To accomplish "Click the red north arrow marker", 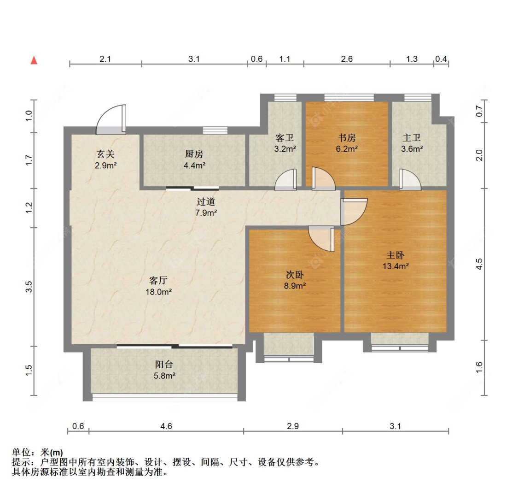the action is (34, 60).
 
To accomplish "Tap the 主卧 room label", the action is (396, 255).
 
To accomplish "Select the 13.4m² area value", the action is (396, 266).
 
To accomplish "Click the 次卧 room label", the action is (295, 274).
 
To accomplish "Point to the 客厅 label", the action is (158, 280).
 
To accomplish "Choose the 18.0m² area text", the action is (158, 292).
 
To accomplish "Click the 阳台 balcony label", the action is (164, 365).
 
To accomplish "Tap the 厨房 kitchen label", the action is (194, 154).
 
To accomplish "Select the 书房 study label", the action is (347, 137).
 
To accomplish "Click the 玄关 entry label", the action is (105, 154).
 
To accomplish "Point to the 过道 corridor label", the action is (206, 201).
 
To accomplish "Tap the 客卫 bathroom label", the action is (285, 137).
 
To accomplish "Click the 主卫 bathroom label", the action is (412, 137).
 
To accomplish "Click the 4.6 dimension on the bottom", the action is (166, 426).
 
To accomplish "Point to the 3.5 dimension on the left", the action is (29, 286).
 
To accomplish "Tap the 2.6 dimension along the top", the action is (347, 59).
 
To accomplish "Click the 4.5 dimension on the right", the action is (479, 264).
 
